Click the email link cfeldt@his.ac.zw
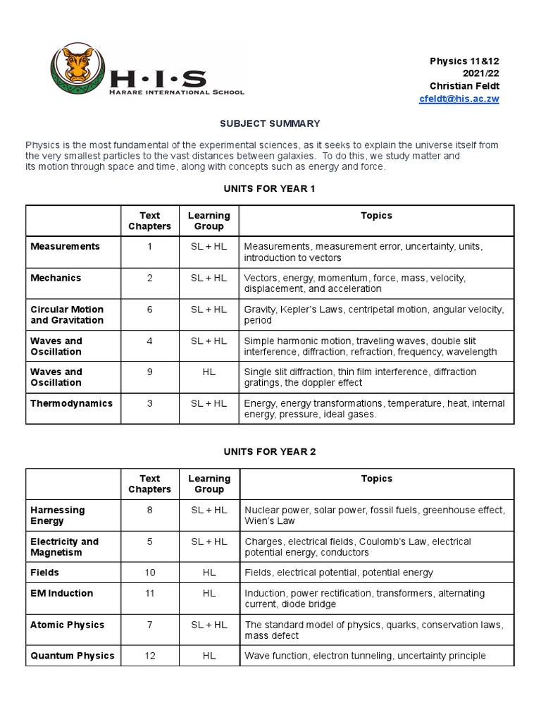(459, 99)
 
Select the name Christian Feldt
(464, 86)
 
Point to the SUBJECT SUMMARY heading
(270, 123)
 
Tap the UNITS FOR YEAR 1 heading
(270, 188)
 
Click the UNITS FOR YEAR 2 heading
(270, 451)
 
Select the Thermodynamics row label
(71, 403)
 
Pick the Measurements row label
(66, 247)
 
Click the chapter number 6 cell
(149, 310)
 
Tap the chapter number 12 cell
(149, 656)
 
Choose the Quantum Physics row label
(72, 656)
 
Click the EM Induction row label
(62, 594)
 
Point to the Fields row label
(45, 573)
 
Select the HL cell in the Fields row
(209, 573)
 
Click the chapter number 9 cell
(149, 372)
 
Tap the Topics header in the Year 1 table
(376, 216)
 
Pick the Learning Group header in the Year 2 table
(209, 484)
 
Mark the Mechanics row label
(56, 278)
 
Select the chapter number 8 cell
(149, 510)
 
